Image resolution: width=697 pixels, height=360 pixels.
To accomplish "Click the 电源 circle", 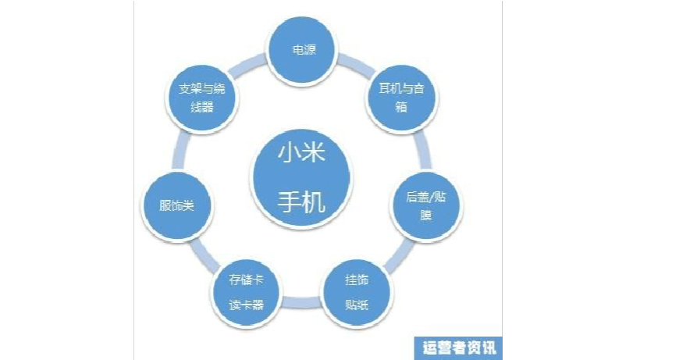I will point(303,48).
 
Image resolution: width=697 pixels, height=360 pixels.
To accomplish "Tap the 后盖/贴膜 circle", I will point(426,205).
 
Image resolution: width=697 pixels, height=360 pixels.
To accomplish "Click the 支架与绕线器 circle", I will point(202,99).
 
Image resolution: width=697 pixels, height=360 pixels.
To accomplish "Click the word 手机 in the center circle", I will point(301,202).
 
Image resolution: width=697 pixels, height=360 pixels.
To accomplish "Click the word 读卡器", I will point(247,305).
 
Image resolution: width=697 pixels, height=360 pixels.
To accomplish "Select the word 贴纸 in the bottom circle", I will point(357,304).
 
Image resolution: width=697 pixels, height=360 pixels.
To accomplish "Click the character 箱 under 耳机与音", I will point(402,109).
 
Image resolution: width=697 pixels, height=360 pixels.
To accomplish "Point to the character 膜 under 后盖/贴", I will point(426,215).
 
